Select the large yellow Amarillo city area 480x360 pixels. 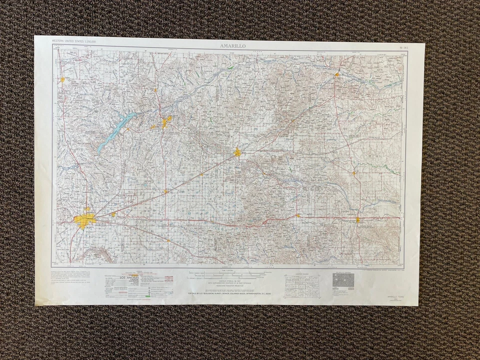pyautogui.click(x=84, y=219)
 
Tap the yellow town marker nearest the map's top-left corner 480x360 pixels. pyautogui.click(x=62, y=79)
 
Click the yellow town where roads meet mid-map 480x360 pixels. pyautogui.click(x=238, y=152)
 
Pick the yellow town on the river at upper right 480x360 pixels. pyautogui.click(x=337, y=75)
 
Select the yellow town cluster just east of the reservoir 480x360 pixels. pyautogui.click(x=165, y=122)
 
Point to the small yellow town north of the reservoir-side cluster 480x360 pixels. pyautogui.click(x=156, y=90)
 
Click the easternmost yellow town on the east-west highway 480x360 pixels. pyautogui.click(x=358, y=219)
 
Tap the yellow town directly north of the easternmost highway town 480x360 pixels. pyautogui.click(x=354, y=173)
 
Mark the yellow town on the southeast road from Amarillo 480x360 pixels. pyautogui.click(x=168, y=240)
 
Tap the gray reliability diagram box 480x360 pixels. pyautogui.click(x=343, y=280)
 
